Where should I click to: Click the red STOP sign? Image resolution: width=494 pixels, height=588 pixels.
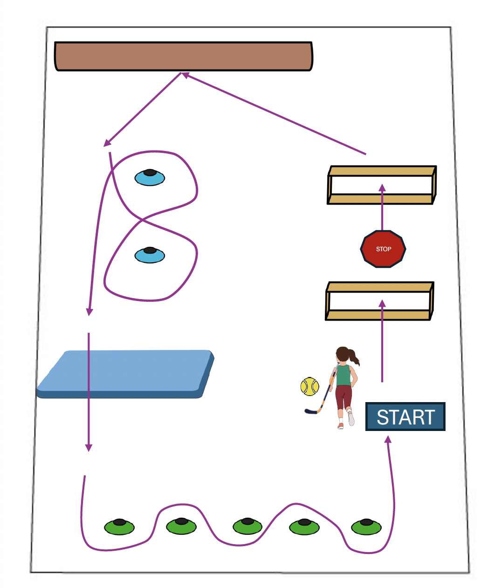[x=383, y=249]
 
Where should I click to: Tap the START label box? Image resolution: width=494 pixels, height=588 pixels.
[x=405, y=417]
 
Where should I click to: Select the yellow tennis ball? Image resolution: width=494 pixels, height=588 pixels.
[x=309, y=387]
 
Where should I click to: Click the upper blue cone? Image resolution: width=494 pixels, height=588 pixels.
[x=150, y=177]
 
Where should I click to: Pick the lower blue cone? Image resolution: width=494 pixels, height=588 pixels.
[x=150, y=255]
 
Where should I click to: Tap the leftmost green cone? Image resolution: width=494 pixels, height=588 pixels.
[x=119, y=526]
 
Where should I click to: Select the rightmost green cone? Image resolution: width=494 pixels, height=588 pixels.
[x=366, y=526]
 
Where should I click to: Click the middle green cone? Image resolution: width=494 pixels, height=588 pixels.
[x=248, y=526]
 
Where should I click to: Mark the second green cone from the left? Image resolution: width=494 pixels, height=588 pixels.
[x=181, y=526]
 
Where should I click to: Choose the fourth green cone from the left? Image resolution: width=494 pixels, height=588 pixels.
[x=304, y=526]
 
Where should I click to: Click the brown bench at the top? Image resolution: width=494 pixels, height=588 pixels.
[x=184, y=56]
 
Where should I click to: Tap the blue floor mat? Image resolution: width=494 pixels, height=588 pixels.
[x=126, y=374]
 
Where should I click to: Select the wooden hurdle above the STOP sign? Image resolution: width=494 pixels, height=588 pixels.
[x=381, y=185]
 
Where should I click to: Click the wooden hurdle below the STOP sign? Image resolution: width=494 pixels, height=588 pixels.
[x=380, y=301]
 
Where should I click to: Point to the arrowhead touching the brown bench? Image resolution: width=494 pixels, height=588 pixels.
[x=185, y=75]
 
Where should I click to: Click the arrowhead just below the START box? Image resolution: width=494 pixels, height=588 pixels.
[x=388, y=439]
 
